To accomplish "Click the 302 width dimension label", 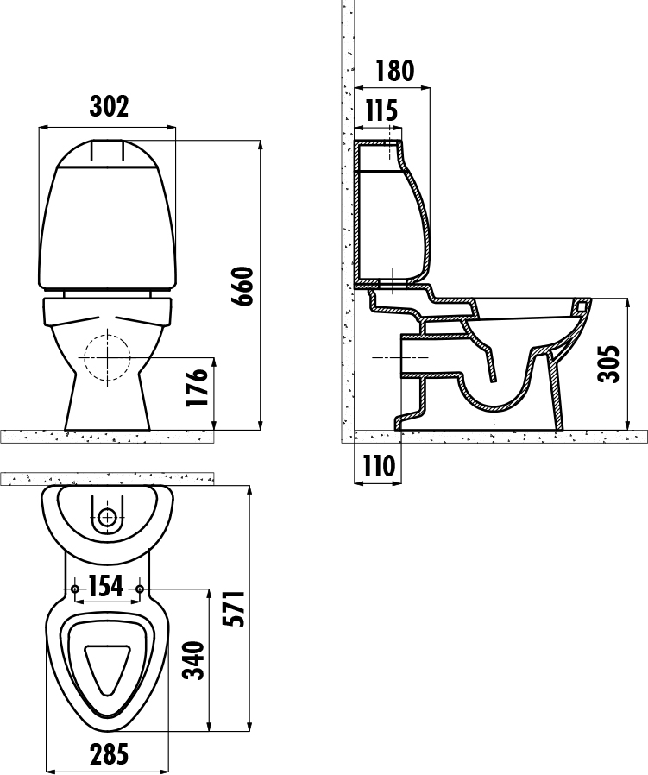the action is (109, 106).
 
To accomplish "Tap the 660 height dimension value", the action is (242, 287).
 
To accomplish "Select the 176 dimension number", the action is (196, 387).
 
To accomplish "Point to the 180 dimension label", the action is (394, 71).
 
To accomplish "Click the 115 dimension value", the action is (381, 110).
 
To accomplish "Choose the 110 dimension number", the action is (379, 465).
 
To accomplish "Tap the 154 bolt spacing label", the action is (106, 586).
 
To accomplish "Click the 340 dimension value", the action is (193, 660).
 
